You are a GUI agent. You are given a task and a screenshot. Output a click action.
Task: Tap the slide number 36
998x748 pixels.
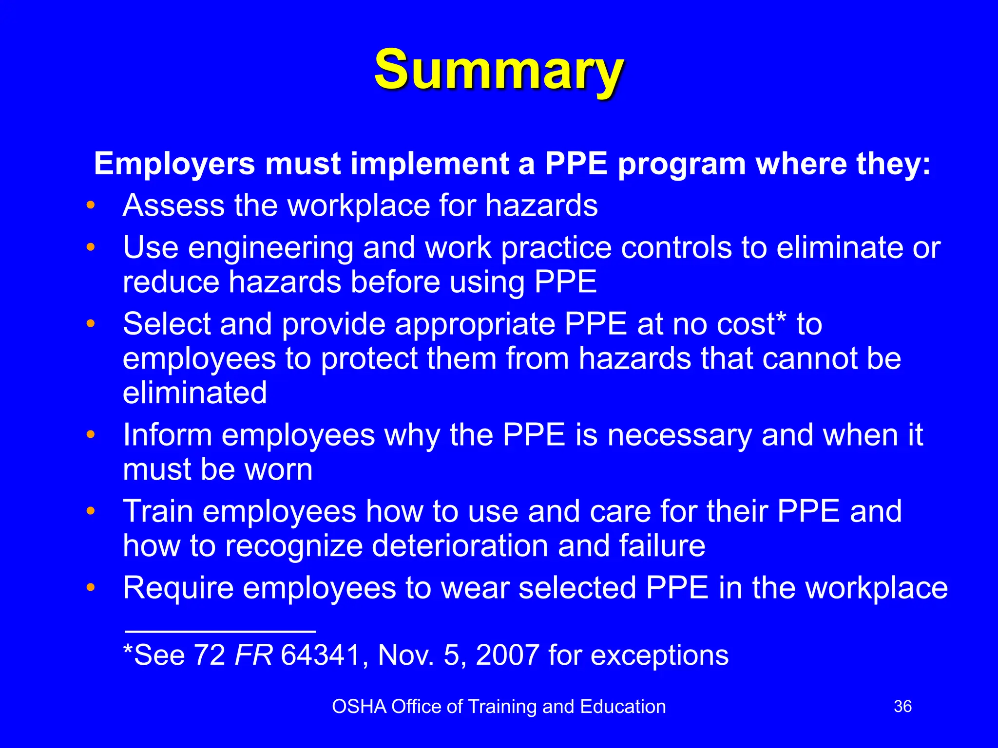pyautogui.click(x=902, y=707)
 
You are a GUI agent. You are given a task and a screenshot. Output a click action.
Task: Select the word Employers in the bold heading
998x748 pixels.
pyautogui.click(x=174, y=164)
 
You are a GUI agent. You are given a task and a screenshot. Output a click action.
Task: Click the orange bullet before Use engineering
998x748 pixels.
pyautogui.click(x=90, y=247)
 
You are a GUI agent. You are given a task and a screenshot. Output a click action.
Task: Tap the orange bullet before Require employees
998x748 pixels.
pyautogui.click(x=90, y=588)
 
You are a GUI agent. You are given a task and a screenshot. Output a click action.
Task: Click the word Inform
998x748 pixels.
pyautogui.click(x=167, y=434)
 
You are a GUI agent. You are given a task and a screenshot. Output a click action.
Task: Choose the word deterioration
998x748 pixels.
pyautogui.click(x=460, y=545)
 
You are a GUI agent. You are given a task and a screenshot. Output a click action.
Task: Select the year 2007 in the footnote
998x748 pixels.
pyautogui.click(x=507, y=655)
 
